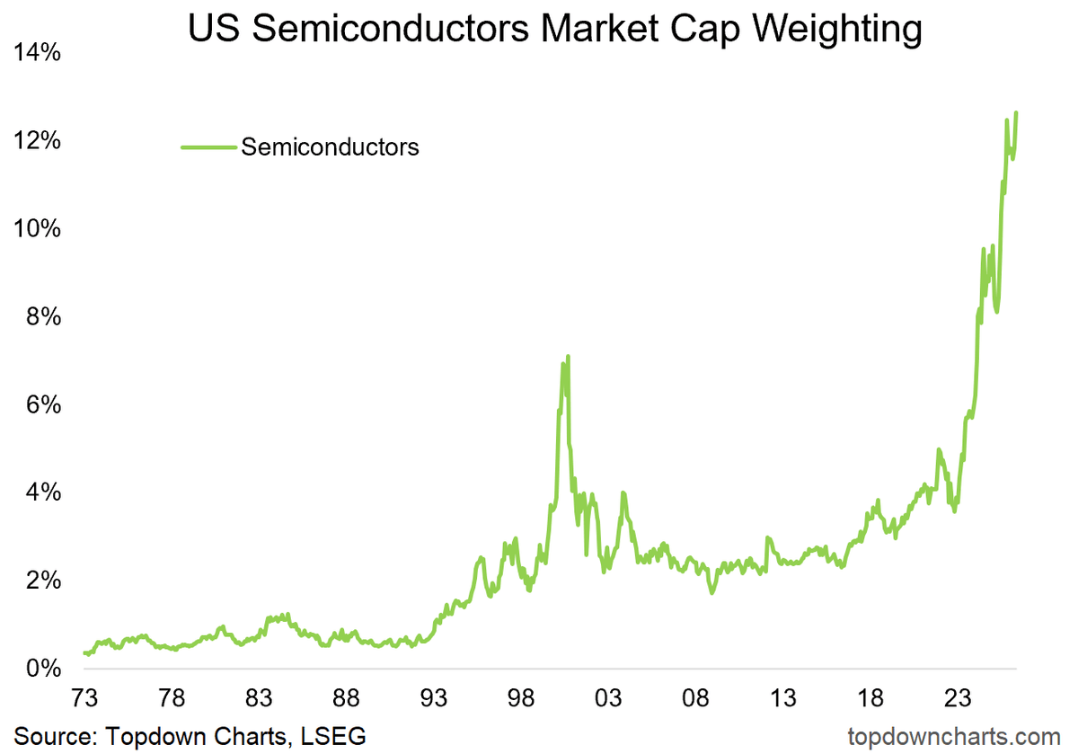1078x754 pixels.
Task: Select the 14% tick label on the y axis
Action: click(x=37, y=53)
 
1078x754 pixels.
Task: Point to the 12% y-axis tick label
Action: click(x=37, y=141)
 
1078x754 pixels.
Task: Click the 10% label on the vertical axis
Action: click(x=37, y=229)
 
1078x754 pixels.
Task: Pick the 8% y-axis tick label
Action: click(x=43, y=317)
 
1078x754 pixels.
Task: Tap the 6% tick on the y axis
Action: click(x=43, y=405)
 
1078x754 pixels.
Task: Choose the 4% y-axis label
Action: click(x=43, y=493)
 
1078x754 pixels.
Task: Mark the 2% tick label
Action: click(x=43, y=581)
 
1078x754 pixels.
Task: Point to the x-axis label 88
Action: click(x=346, y=698)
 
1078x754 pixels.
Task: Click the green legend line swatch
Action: click(x=208, y=146)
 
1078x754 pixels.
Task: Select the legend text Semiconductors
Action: click(x=330, y=146)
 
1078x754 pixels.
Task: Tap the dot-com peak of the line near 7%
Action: click(x=568, y=357)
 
